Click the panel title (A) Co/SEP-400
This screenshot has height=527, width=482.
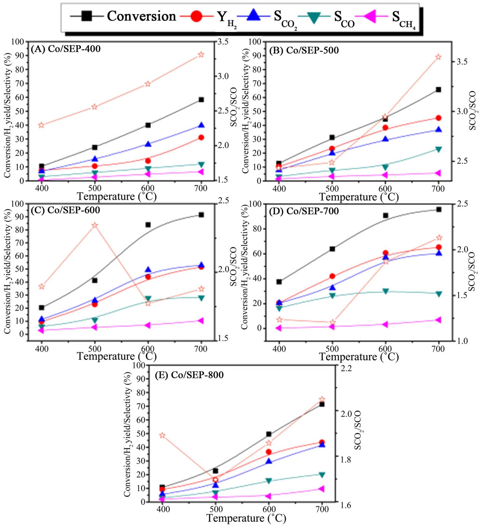pos(65,49)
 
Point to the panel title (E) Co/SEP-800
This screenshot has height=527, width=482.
pos(189,375)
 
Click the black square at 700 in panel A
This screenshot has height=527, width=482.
pos(201,100)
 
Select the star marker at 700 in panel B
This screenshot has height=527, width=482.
pos(438,57)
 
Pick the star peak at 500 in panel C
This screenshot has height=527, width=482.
pos(95,225)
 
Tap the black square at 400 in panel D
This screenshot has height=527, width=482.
pos(279,282)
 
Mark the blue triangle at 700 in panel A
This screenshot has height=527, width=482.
pos(201,125)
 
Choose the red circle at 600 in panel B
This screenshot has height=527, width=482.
pos(385,127)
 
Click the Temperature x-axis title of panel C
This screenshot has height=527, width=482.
pos(117,357)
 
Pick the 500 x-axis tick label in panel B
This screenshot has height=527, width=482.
pos(332,188)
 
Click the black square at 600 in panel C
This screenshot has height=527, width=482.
pos(148,225)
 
